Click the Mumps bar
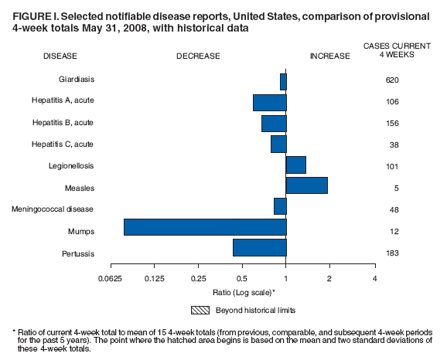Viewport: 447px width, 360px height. tap(205, 226)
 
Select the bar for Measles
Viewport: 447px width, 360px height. tap(307, 185)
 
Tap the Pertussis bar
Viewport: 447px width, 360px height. tap(260, 247)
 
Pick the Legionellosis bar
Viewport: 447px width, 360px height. tap(296, 165)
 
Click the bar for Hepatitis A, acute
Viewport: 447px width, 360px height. tap(270, 102)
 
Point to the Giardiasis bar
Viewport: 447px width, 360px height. tap(283, 81)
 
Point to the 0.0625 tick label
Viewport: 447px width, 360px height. tap(110, 278)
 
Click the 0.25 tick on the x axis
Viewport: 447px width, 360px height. tap(199, 278)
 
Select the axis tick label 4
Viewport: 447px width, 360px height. tap(374, 278)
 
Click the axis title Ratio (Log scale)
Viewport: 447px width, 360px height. tap(244, 293)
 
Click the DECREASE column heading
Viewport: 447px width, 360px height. tap(198, 56)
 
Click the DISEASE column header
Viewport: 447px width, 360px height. tap(60, 56)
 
